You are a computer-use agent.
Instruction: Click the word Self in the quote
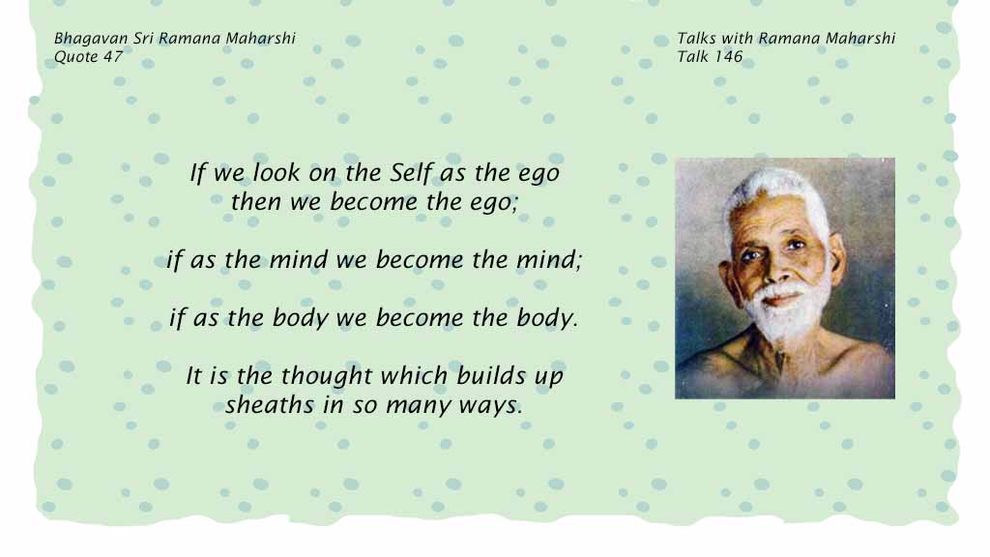412,172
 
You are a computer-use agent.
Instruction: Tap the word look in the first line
277,172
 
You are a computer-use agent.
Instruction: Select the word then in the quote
255,202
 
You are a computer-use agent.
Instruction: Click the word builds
492,375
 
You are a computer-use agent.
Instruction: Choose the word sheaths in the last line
270,405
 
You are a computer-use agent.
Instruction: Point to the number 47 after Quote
113,57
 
